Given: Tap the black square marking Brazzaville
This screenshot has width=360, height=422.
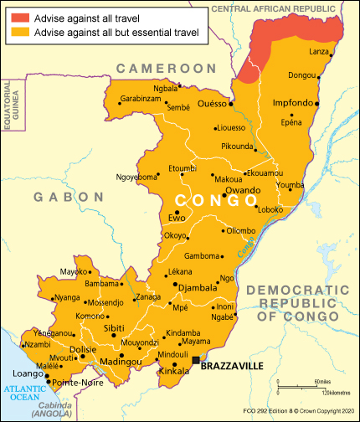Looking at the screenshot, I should tap(195, 360).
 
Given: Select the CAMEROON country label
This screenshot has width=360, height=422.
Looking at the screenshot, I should tap(166, 67).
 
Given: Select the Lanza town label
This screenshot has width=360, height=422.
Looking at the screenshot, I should tap(319, 52).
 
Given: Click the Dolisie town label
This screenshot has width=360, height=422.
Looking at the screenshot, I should tap(83, 349).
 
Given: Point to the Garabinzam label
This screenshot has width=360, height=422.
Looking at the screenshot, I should tap(140, 98).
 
